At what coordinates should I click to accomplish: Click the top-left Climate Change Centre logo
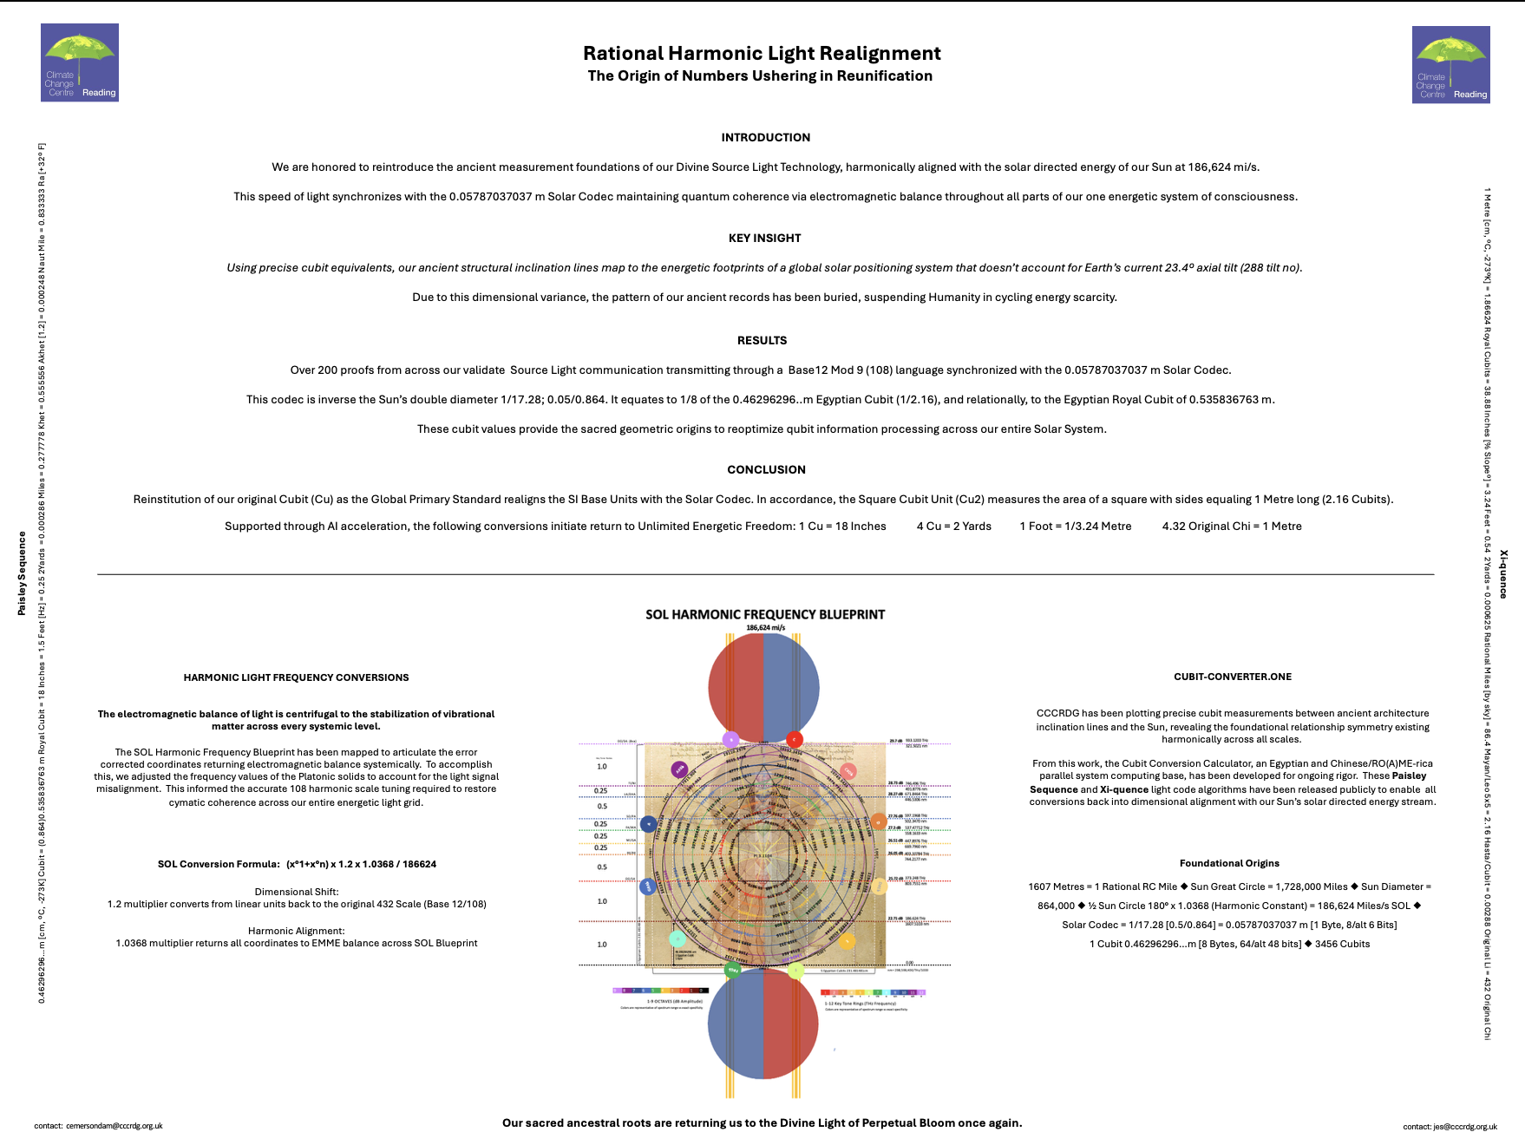(x=80, y=62)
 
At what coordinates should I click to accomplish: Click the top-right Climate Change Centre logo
(x=1450, y=64)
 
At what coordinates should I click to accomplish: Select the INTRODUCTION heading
(x=765, y=138)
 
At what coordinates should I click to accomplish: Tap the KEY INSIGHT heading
(x=764, y=239)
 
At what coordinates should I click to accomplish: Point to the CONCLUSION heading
(x=766, y=470)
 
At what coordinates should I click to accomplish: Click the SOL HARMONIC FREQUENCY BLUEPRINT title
(x=764, y=614)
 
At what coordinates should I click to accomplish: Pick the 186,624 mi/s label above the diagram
(x=765, y=627)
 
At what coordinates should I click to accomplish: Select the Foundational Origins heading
(x=1229, y=863)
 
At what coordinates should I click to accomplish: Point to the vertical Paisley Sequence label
(x=22, y=573)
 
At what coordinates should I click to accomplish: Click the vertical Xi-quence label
(x=1503, y=573)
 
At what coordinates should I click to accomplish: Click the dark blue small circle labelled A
(x=648, y=824)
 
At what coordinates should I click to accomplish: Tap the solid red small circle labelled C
(x=794, y=740)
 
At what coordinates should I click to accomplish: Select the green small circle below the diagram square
(x=732, y=970)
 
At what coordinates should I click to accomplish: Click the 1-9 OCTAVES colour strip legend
(x=660, y=991)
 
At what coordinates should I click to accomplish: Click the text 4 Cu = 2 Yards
(x=953, y=527)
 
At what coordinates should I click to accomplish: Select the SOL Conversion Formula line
(x=297, y=864)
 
